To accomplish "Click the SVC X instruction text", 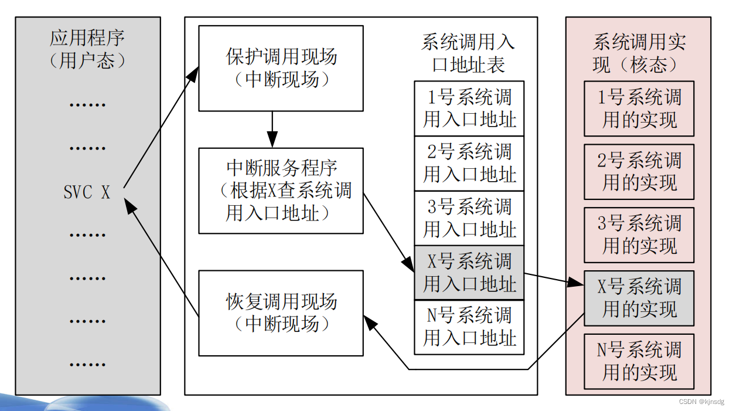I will coord(87,192).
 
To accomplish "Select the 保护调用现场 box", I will coord(281,68).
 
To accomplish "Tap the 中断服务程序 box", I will coord(281,191).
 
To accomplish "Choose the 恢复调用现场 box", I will coord(281,313).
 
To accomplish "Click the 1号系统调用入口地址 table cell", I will coord(469,108).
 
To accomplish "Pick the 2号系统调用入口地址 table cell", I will coord(469,163).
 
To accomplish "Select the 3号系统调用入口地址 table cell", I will coord(469,218).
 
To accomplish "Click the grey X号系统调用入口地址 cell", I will coord(469,273).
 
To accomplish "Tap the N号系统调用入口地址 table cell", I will coord(469,327).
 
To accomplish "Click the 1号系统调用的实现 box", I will coord(639,108).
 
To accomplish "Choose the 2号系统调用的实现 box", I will coord(639,172).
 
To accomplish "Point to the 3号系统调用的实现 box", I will coord(639,235).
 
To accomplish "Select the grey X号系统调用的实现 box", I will coord(639,298).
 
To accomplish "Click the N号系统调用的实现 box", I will coord(639,361).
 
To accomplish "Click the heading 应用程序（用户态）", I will coord(87,49).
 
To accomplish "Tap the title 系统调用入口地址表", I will coord(468,53).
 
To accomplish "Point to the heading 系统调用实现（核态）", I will coord(639,53).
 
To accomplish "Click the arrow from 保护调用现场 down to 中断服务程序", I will coord(272,129).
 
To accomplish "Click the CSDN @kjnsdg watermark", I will coord(701,402).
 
